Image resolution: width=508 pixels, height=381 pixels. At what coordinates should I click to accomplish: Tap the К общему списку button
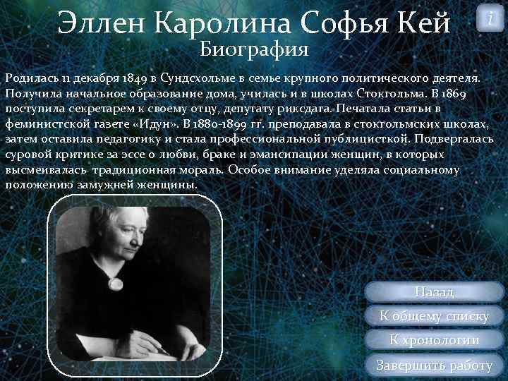tap(434, 316)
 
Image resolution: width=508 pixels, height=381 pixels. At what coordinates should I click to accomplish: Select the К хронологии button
tap(434, 340)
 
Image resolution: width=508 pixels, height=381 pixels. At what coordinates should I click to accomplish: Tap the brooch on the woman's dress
tap(114, 282)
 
